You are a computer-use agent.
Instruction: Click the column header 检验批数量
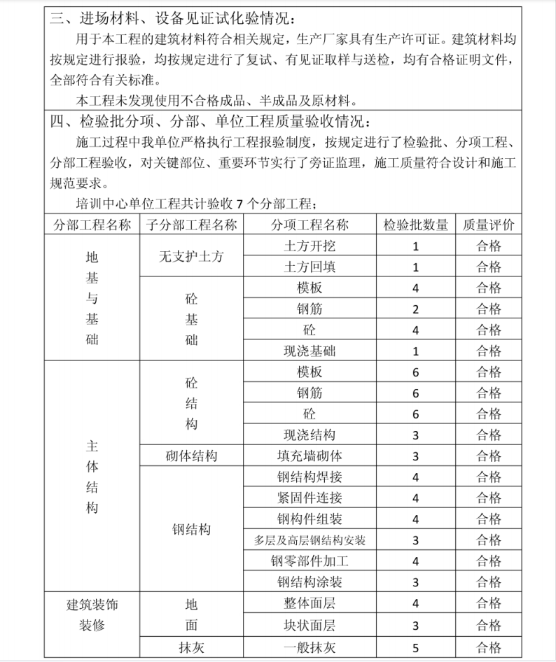tap(415, 225)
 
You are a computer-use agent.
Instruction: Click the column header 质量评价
tap(489, 225)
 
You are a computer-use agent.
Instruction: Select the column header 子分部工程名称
tap(191, 225)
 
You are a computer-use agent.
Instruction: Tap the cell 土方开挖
tap(310, 246)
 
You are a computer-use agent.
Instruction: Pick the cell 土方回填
tap(310, 267)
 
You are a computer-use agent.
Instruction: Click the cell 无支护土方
tap(191, 256)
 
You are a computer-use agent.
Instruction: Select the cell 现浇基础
tap(310, 351)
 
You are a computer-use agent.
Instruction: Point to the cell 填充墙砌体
tap(310, 456)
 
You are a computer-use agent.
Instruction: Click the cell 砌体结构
tap(191, 456)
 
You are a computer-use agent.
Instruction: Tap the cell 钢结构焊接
tap(310, 477)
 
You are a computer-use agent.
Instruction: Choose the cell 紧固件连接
tap(310, 498)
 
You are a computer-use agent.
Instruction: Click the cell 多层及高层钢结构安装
tap(310, 540)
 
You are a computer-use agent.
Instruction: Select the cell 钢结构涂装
tap(310, 582)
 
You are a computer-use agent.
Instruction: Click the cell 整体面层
tap(310, 603)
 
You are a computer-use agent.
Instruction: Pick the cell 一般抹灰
tap(310, 647)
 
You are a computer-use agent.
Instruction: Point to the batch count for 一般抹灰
tap(415, 647)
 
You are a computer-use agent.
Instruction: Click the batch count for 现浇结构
tap(415, 435)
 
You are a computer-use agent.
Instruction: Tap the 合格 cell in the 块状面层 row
tap(489, 625)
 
